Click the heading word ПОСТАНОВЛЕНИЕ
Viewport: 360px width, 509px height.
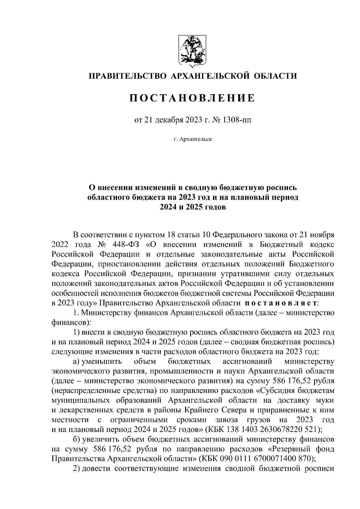click(x=192, y=98)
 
